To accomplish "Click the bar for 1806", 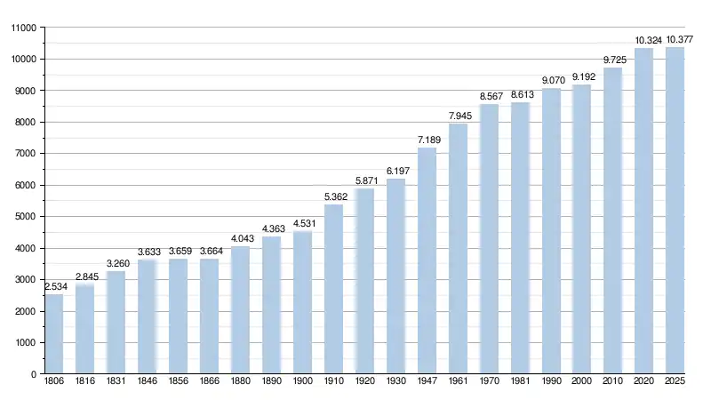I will [x=54, y=334].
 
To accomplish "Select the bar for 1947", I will [x=427, y=261].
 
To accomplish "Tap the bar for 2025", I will [x=675, y=211].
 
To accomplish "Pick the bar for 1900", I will [x=302, y=303].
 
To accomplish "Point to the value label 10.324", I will [x=644, y=40].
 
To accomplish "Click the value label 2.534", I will [x=54, y=286].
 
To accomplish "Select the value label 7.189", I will [x=427, y=140].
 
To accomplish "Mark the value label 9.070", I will [x=551, y=80].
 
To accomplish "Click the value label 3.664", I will [x=209, y=251].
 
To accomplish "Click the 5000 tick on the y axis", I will [x=25, y=217].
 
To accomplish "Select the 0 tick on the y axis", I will [x=33, y=374].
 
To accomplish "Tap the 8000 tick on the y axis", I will [x=25, y=122].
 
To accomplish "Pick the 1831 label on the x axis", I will [x=116, y=381].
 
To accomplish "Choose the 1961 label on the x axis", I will [x=458, y=381].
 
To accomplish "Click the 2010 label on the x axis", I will [x=613, y=381].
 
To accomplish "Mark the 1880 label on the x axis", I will [x=240, y=381].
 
